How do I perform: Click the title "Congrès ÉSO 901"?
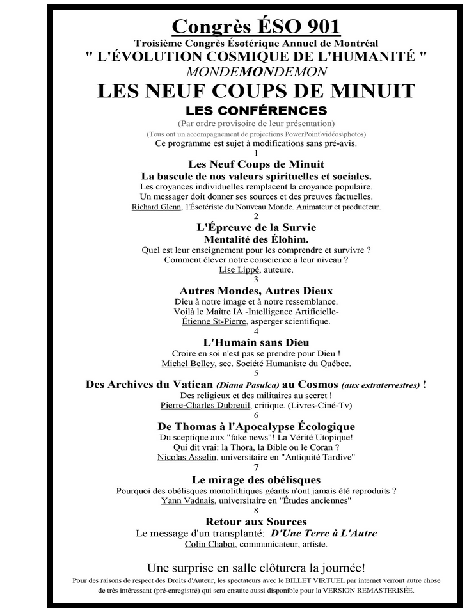pyautogui.click(x=256, y=26)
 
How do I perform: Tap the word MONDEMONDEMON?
pyautogui.click(x=256, y=72)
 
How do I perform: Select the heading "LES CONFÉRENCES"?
pyautogui.click(x=256, y=111)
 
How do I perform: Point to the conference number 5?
pyautogui.click(x=256, y=373)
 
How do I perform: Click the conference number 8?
pyautogui.click(x=256, y=510)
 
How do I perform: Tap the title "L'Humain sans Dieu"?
pyautogui.click(x=256, y=342)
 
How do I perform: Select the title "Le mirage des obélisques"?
pyautogui.click(x=256, y=479)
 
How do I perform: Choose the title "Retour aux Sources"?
pyautogui.click(x=256, y=522)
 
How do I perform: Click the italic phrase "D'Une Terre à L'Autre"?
pyautogui.click(x=323, y=533)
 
